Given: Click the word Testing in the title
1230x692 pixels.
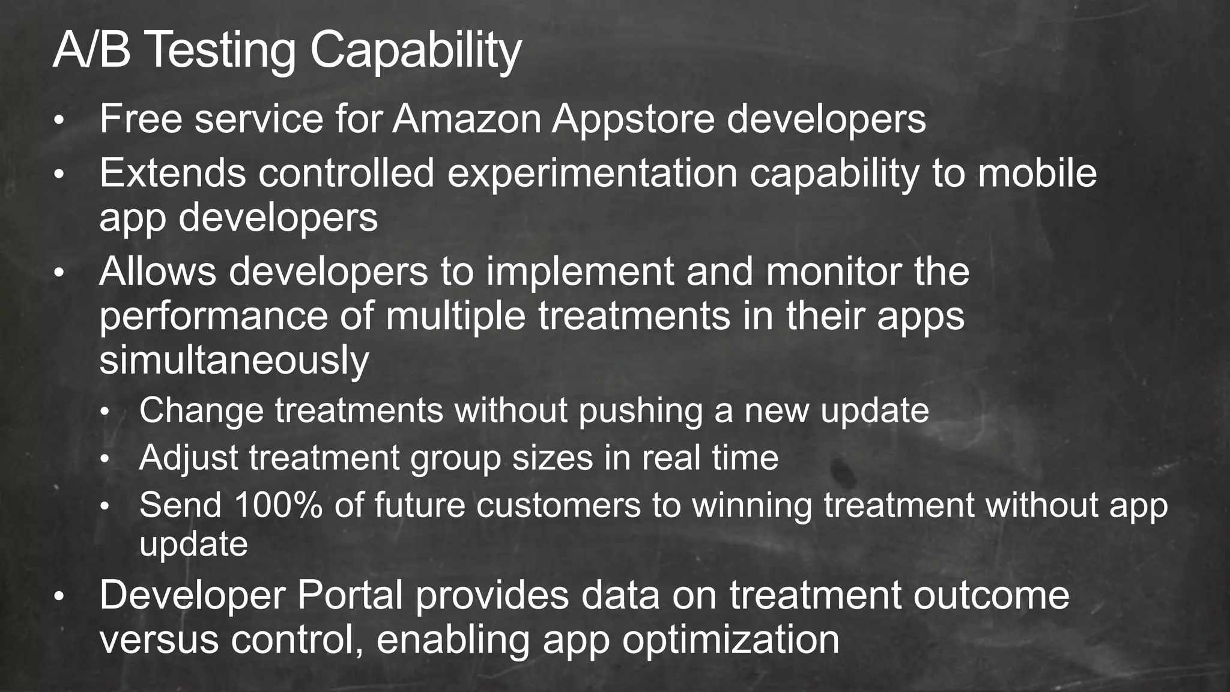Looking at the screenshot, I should (x=221, y=50).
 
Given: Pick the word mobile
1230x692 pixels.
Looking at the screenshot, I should (x=1037, y=173).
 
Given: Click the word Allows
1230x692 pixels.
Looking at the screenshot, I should (x=157, y=272).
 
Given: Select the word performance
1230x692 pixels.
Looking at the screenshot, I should (x=213, y=317).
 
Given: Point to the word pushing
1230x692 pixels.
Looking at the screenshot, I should (x=640, y=412).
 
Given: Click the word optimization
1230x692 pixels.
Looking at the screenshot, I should (x=730, y=641).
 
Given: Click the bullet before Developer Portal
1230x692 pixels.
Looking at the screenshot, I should (x=58, y=598).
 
